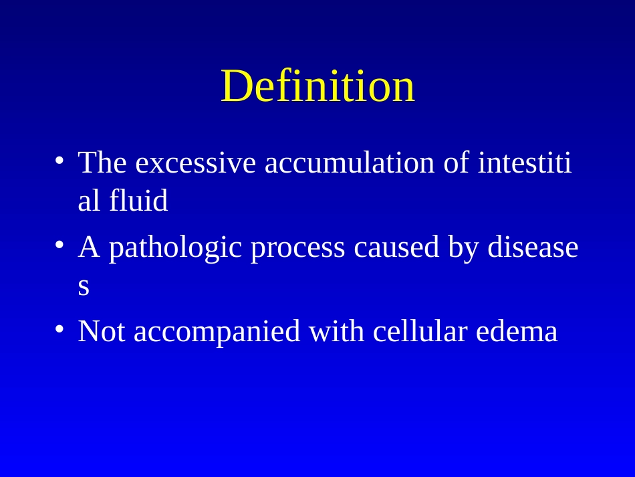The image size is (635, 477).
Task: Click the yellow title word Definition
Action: [318, 86]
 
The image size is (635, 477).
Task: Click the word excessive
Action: [196, 163]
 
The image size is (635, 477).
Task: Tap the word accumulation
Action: [350, 163]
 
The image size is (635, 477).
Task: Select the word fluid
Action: [138, 200]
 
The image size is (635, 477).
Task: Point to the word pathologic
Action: [175, 248]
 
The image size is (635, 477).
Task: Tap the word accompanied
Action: [217, 332]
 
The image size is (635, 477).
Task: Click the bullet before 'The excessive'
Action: [59, 160]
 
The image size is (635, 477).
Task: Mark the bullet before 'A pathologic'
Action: [59, 244]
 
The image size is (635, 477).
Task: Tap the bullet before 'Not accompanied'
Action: [59, 328]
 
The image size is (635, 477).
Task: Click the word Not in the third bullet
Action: [101, 332]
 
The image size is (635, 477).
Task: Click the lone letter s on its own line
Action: [84, 287]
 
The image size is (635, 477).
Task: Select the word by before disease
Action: [463, 248]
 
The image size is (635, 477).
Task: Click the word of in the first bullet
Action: [457, 163]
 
